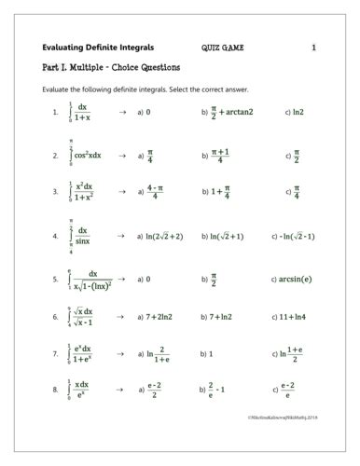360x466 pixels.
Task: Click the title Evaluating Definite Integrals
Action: (98, 47)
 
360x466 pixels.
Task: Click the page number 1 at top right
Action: (313, 47)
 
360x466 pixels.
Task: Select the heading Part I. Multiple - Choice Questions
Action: (111, 67)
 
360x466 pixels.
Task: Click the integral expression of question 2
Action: (85, 155)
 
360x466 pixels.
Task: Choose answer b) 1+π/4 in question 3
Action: (216, 193)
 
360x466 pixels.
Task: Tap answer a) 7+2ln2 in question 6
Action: (157, 317)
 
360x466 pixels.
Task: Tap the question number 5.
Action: (56, 278)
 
